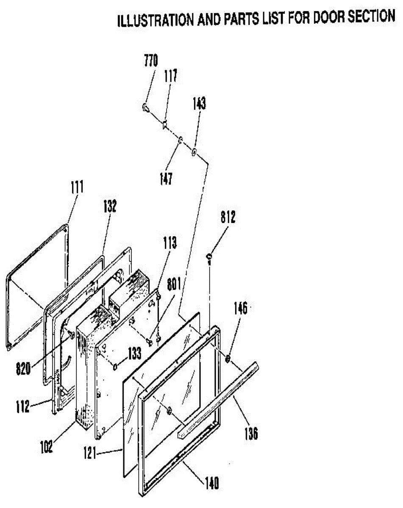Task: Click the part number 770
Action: click(150, 62)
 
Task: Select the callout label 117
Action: click(170, 77)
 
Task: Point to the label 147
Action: click(166, 179)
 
